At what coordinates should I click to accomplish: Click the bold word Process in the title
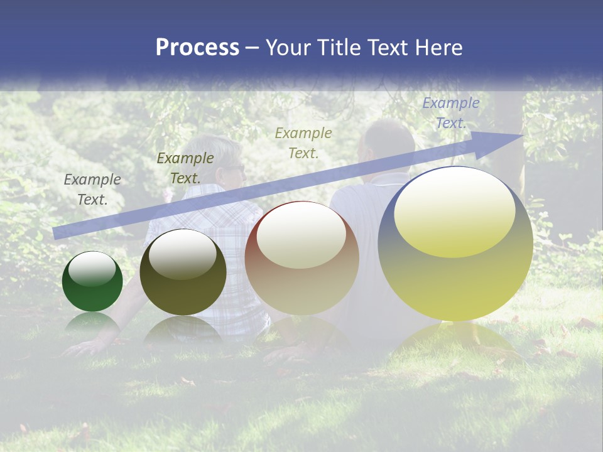197,48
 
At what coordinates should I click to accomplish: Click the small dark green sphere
92,282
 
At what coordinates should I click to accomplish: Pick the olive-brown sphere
183,272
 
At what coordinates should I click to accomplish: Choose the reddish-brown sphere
301,259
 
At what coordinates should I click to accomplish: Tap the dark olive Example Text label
185,168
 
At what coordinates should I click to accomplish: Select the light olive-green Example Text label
303,143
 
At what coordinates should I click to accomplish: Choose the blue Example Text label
450,113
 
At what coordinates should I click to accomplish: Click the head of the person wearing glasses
224,163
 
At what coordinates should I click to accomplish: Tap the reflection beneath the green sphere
92,323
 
